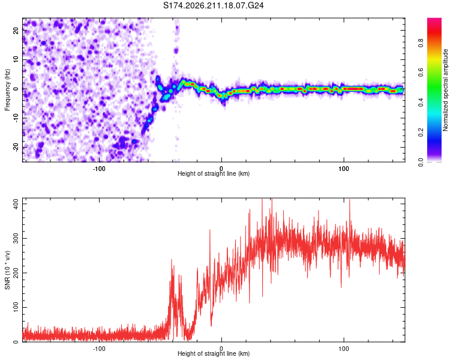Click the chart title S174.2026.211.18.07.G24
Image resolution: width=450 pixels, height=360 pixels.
pos(213,5)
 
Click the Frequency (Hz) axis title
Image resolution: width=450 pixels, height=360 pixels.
pos(7,90)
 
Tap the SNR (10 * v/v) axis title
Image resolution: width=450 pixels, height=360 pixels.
pos(7,270)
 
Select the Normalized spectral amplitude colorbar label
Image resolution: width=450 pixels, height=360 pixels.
pos(445,90)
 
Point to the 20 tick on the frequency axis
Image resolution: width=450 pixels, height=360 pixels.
pos(16,30)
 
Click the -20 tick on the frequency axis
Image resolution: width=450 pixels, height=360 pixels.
pos(16,147)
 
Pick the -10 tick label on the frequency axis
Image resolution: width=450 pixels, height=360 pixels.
pos(16,118)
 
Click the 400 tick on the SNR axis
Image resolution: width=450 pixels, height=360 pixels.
pos(16,204)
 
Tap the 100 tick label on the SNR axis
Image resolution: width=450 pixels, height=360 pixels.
pos(16,307)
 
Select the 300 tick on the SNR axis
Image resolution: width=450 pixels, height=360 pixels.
pos(16,239)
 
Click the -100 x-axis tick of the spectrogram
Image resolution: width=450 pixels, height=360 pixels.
pos(99,169)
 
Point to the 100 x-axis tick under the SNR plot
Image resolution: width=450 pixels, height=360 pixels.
pos(344,349)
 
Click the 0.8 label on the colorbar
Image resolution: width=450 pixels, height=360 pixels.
pos(421,43)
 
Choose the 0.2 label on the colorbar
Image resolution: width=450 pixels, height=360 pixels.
pos(421,133)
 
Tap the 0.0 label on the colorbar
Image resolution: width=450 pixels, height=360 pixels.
pos(421,162)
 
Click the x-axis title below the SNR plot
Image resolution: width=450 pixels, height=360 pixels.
pos(214,353)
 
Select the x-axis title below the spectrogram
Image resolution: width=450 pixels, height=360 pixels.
pos(214,173)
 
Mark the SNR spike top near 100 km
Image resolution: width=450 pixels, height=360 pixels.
pos(350,200)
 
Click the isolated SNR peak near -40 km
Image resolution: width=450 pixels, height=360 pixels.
pos(172,260)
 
